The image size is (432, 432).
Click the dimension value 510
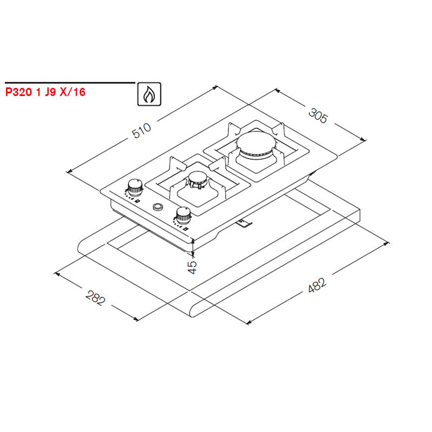[141, 130]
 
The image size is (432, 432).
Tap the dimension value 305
[318, 116]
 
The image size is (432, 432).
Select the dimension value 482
[317, 285]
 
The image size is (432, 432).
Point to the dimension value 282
[96, 298]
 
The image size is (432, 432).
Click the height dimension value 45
[192, 267]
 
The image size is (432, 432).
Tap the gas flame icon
[150, 94]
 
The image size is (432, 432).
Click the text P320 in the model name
[18, 92]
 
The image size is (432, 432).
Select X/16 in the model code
[73, 92]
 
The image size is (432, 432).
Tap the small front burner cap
[197, 178]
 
